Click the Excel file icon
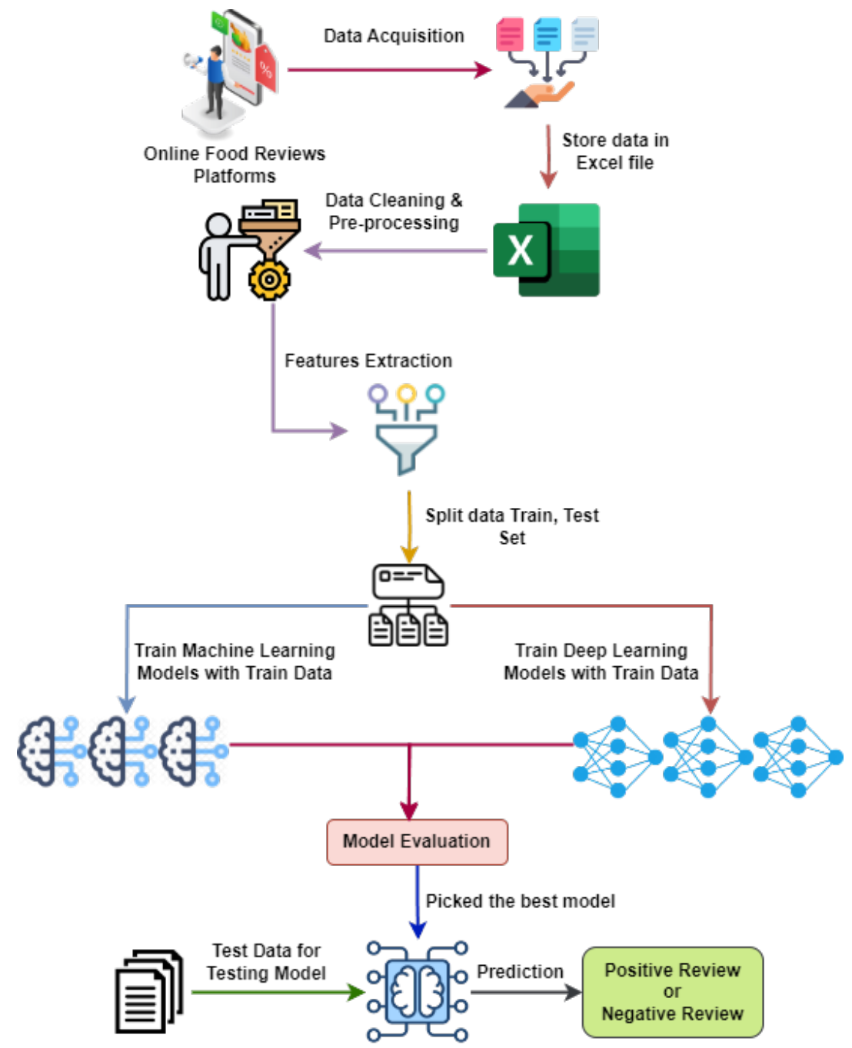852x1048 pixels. (x=547, y=250)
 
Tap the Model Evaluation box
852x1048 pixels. (x=417, y=841)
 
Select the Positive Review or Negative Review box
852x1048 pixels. (x=672, y=992)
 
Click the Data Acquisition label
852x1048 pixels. (x=394, y=36)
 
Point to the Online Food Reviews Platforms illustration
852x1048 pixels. (x=231, y=73)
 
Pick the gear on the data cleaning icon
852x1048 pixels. (x=269, y=280)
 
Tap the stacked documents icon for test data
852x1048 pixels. (x=148, y=991)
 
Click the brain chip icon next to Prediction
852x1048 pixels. (x=417, y=991)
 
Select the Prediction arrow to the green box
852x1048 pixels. (x=526, y=992)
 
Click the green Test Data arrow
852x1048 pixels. (x=277, y=992)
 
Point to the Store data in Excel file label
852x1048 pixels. (x=615, y=151)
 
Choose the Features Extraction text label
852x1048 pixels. (x=368, y=361)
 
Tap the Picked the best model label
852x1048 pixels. (x=521, y=901)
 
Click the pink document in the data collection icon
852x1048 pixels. (x=509, y=35)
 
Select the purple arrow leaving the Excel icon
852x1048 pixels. (x=396, y=250)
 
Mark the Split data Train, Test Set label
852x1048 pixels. (x=512, y=526)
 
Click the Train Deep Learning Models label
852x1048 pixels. (x=601, y=662)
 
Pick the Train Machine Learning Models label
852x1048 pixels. (x=235, y=662)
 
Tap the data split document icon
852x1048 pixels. (x=408, y=605)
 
